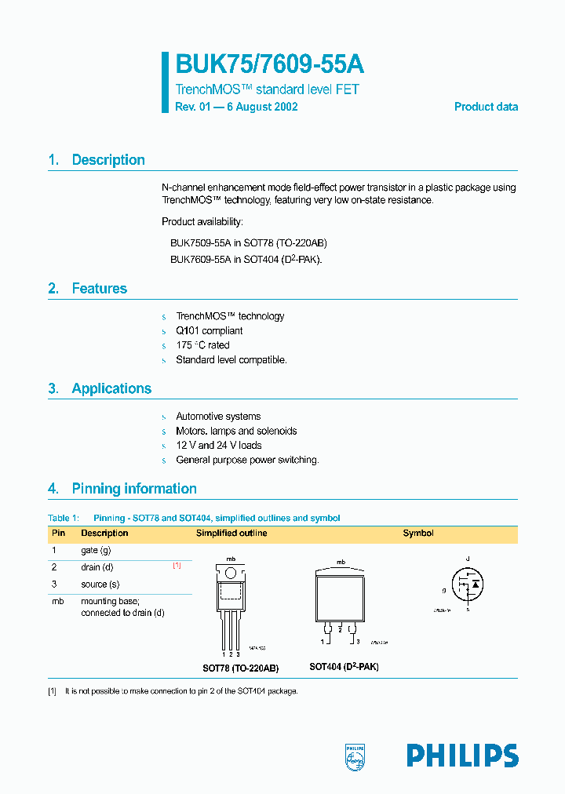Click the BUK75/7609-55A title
tap(269, 64)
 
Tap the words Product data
tap(486, 107)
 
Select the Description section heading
tap(108, 160)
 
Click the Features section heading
tap(99, 289)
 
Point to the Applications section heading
tap(111, 388)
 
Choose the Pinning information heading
tap(134, 489)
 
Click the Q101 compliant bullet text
tap(209, 331)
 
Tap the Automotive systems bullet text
tap(218, 417)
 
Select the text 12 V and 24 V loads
tap(219, 446)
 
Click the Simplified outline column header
tap(231, 534)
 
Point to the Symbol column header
tap(418, 534)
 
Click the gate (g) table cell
tap(96, 551)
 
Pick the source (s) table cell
tap(100, 585)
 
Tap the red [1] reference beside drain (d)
tap(177, 566)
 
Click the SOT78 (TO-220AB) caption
tap(240, 668)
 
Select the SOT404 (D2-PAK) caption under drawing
tap(344, 667)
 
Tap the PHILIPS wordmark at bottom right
tap(462, 756)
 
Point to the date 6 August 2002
tap(262, 107)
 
